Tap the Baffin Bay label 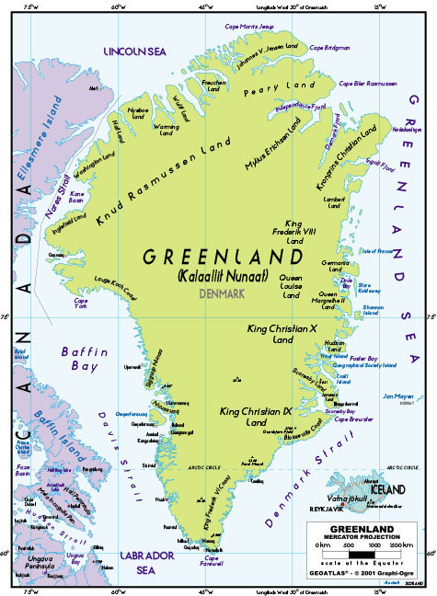coord(79,359)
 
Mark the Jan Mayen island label coord(399,397)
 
